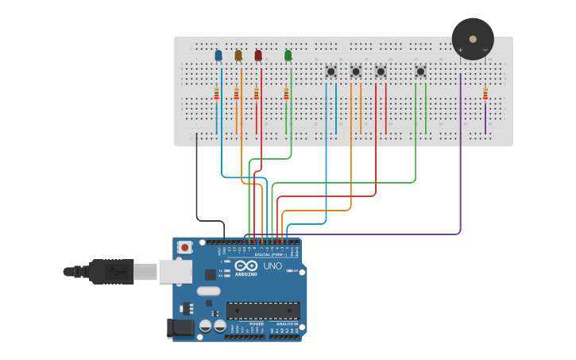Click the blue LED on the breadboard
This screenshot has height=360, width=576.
(x=218, y=56)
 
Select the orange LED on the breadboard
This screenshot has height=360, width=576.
(x=238, y=56)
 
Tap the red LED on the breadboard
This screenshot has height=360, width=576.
(x=258, y=56)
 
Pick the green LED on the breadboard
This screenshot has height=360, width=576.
(x=288, y=56)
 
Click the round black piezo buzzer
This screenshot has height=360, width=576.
(x=473, y=39)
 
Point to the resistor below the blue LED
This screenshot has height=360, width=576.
(x=216, y=95)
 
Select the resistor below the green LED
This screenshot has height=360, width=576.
(x=286, y=95)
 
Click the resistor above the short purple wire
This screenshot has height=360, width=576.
(x=485, y=95)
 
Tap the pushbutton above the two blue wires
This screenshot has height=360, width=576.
(x=331, y=72)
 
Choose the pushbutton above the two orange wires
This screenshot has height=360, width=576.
(x=355, y=72)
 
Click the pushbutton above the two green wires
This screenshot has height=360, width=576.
(x=420, y=72)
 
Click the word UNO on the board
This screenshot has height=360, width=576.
(x=273, y=265)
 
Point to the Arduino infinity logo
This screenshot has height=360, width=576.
(x=245, y=266)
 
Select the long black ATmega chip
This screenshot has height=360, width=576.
(x=263, y=310)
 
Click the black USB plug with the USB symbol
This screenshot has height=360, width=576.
(x=111, y=271)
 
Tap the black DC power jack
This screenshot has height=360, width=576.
(x=180, y=327)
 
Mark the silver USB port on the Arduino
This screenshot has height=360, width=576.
(x=175, y=271)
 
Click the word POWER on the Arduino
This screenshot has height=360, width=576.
(x=257, y=324)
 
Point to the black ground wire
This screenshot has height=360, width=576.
(x=197, y=191)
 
